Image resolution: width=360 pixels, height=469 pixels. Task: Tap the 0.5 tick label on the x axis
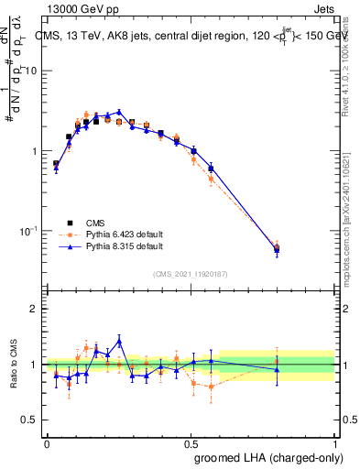click(191, 442)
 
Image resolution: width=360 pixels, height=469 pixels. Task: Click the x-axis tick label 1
click(335, 442)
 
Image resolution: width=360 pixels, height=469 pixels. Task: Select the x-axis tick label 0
click(47, 442)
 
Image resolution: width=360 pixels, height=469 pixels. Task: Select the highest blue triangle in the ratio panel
click(118, 341)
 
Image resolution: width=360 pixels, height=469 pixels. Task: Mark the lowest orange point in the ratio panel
click(212, 387)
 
